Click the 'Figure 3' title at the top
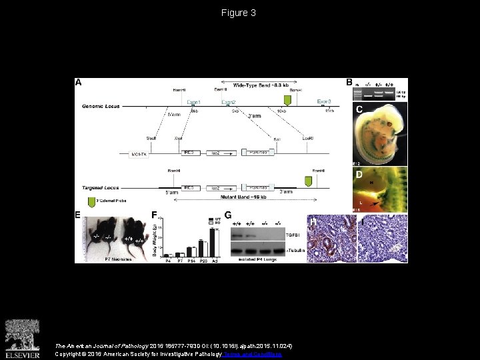(239, 13)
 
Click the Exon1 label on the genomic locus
(193, 102)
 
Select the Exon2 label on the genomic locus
(229, 102)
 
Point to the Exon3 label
(324, 101)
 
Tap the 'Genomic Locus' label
(100, 107)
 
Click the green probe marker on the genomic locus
(287, 100)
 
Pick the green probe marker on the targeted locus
(308, 181)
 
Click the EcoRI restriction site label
(307, 139)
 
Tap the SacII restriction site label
(152, 139)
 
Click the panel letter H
(312, 220)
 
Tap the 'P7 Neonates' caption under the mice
(119, 259)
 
